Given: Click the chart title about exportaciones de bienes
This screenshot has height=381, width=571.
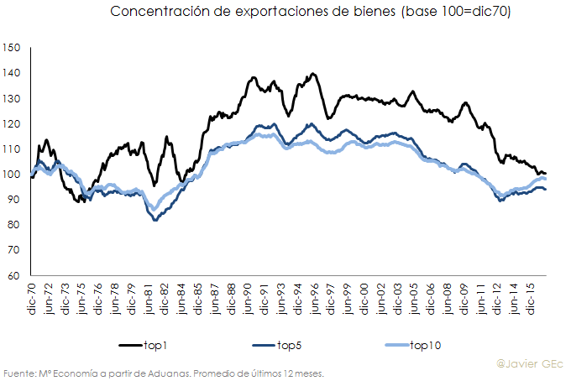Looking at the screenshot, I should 311,12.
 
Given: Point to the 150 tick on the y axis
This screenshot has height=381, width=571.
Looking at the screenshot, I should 11,48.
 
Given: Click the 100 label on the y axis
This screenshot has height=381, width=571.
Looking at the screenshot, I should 11,175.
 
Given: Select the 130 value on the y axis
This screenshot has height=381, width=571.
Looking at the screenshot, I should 11,98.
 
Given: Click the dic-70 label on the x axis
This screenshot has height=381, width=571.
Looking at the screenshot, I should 32,298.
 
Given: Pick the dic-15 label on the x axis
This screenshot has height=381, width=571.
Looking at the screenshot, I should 533,298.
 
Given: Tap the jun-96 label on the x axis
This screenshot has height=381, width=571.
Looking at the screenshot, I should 314,298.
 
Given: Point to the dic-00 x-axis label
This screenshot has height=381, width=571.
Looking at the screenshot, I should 364,298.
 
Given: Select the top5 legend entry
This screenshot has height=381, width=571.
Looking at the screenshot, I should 290,345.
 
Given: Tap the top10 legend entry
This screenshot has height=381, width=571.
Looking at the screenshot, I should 424,345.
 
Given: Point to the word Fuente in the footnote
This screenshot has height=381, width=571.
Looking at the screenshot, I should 19,373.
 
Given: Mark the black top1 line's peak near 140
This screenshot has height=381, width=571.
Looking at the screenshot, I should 312,74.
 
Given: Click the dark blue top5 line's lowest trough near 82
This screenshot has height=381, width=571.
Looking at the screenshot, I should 155,220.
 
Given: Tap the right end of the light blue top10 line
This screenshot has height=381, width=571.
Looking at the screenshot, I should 546,180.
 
